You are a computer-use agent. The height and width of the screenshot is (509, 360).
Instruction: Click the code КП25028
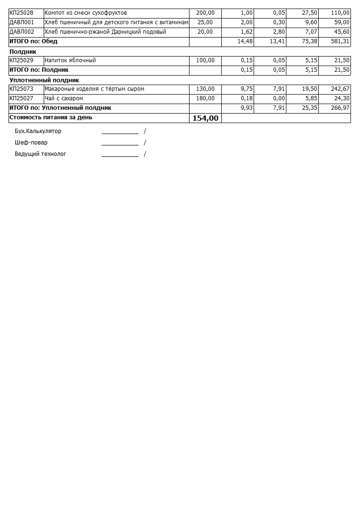[21, 13]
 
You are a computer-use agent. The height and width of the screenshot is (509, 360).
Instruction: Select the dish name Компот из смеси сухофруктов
[85, 13]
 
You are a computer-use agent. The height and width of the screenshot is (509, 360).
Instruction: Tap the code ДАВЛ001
[22, 22]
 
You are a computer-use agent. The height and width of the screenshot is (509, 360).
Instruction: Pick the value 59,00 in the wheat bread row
[341, 22]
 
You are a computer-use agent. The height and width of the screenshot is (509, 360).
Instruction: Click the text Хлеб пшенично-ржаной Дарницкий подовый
[105, 32]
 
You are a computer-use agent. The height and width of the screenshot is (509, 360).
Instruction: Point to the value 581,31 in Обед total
[341, 41]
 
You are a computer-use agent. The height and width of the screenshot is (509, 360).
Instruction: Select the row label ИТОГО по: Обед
[33, 41]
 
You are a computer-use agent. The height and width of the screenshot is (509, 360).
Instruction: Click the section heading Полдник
[23, 51]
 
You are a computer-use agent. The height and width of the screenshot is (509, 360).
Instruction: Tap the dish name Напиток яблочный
[70, 60]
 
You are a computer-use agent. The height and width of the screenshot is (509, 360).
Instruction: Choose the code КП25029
[21, 60]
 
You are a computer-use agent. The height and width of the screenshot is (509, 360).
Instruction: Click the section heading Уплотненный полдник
[44, 80]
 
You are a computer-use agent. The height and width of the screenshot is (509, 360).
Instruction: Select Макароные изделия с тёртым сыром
[94, 89]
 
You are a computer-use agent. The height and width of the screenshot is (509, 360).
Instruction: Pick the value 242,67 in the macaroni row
[341, 89]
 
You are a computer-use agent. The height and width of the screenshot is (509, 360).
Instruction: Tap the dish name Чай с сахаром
[64, 98]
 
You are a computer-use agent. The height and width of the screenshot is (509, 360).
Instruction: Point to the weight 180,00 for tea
[205, 98]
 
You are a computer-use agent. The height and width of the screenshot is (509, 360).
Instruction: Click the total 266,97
[341, 108]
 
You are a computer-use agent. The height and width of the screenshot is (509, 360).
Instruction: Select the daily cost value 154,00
[205, 118]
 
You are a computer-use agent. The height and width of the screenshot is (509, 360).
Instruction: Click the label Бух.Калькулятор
[38, 131]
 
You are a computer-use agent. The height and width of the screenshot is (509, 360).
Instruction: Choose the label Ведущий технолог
[40, 154]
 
